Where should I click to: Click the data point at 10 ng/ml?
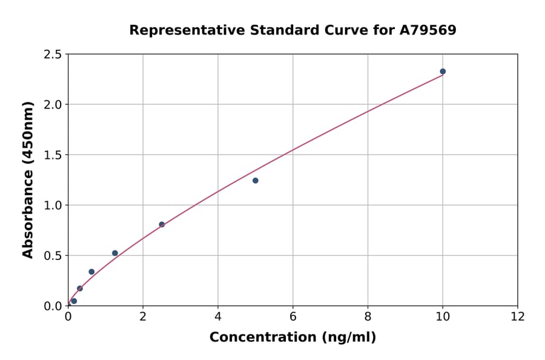click(x=443, y=72)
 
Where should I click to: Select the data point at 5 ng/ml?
click(x=256, y=181)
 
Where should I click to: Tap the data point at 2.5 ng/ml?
click(x=162, y=224)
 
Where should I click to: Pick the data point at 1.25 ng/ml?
click(x=115, y=253)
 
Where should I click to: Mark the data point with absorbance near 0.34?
click(x=91, y=272)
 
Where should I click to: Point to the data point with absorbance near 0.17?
click(x=80, y=288)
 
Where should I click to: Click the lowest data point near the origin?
click(x=74, y=301)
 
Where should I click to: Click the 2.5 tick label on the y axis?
click(x=53, y=55)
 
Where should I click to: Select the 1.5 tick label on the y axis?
click(x=53, y=155)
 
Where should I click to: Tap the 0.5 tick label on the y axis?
click(x=53, y=256)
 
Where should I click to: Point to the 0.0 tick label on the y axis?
click(x=53, y=306)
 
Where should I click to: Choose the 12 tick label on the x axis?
click(x=518, y=317)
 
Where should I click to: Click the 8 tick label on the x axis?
click(x=368, y=317)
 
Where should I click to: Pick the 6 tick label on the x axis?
click(x=292, y=317)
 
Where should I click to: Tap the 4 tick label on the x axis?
click(x=218, y=317)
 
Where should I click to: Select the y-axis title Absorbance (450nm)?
click(x=28, y=180)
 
